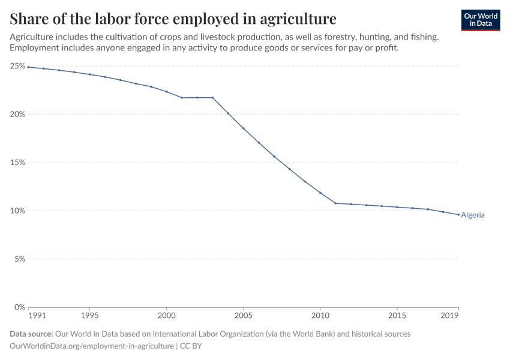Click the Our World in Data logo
click(481, 20)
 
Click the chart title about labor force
click(173, 18)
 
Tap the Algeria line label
click(473, 215)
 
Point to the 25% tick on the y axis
click(17, 65)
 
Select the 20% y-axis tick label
click(17, 114)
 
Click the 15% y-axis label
click(17, 163)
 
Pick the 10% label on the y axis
click(17, 211)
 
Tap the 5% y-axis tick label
click(19, 259)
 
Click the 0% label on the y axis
click(19, 307)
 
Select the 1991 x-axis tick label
click(37, 315)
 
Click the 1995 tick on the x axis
click(89, 315)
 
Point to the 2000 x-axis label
click(166, 315)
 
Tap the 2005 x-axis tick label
click(243, 315)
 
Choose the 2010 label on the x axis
click(320, 315)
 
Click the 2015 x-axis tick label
click(397, 315)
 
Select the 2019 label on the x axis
click(450, 315)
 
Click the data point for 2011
click(335, 203)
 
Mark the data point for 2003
click(212, 98)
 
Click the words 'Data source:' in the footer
click(31, 334)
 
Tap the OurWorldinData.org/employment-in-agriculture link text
click(92, 346)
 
